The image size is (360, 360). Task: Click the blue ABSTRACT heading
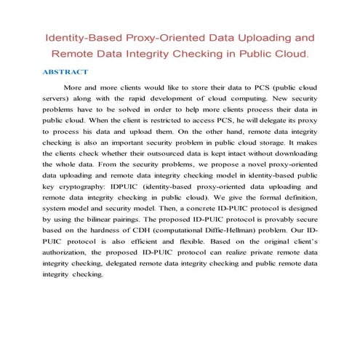point(65,72)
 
